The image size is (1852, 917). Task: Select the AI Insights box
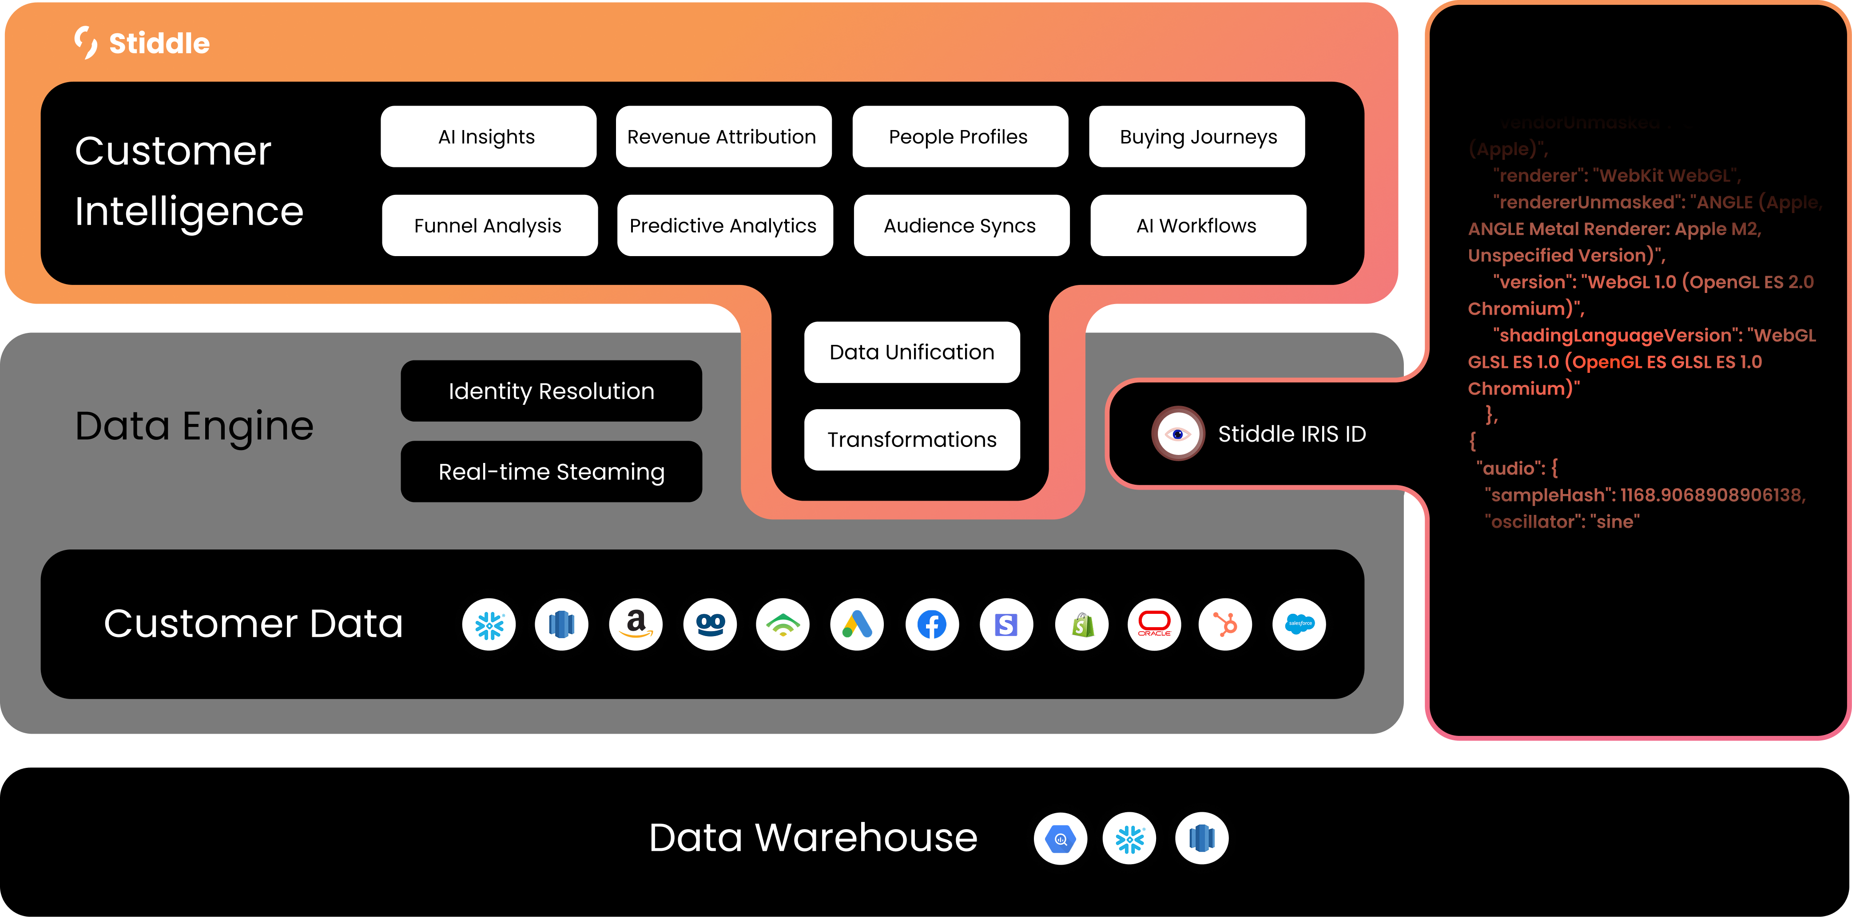point(488,137)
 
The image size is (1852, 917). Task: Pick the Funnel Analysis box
point(489,225)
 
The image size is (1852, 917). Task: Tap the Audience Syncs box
point(961,225)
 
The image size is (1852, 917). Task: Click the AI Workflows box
point(1198,225)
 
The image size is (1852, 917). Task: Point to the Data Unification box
point(912,352)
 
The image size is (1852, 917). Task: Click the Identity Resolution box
point(552,391)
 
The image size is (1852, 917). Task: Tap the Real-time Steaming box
point(552,471)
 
